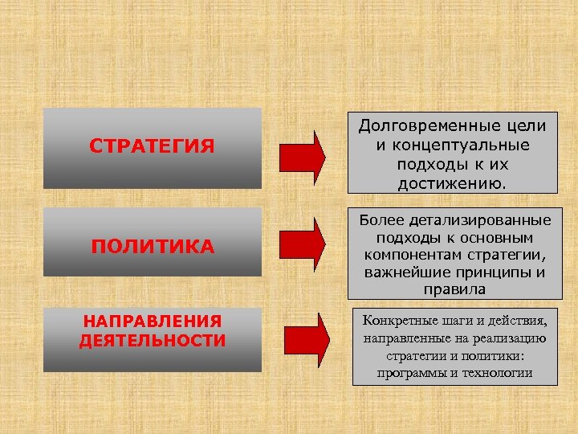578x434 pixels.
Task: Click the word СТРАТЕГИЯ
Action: click(x=152, y=146)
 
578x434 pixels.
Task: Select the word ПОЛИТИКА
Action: click(x=152, y=246)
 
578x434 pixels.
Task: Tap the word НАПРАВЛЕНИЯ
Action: click(x=153, y=322)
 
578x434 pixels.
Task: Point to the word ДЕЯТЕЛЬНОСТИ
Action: click(x=153, y=341)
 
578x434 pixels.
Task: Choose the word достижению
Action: click(x=452, y=184)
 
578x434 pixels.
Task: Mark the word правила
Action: click(x=453, y=289)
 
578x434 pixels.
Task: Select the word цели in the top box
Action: click(x=525, y=126)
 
